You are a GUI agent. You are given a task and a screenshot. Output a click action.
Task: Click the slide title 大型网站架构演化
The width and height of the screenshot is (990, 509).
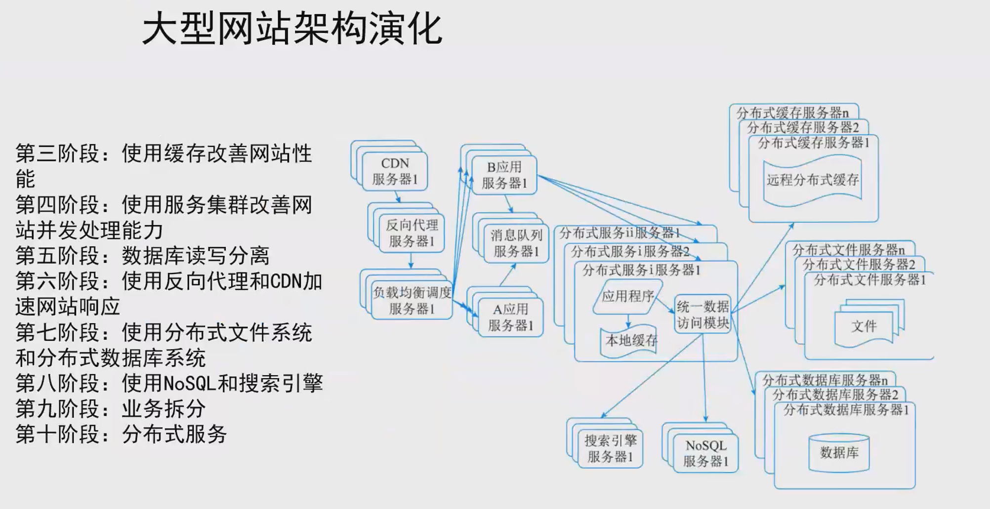point(291,29)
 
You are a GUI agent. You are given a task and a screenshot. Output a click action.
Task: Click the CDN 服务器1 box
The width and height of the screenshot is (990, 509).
point(395,171)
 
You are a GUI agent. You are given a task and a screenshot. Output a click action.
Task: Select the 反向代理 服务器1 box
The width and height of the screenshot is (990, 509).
point(412,233)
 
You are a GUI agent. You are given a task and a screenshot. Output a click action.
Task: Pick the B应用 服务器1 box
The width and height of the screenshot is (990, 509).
point(504,175)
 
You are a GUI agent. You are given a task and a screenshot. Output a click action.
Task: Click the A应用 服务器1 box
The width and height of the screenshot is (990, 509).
point(510,317)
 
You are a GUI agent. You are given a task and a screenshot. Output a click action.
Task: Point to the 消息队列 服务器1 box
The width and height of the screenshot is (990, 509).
point(516,243)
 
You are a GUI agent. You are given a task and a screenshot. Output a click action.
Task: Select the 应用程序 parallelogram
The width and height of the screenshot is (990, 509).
point(627,296)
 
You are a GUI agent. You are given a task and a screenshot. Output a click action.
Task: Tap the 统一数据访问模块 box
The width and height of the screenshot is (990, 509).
point(702,314)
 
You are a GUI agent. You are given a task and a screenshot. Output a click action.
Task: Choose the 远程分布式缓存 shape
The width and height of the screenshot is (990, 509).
point(813,180)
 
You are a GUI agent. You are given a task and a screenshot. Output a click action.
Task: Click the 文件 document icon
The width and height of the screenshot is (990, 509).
point(864,326)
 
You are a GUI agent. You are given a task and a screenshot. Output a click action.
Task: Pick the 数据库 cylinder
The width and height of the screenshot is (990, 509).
point(839,453)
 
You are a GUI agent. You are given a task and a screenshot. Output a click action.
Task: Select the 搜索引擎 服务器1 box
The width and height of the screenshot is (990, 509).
point(610,448)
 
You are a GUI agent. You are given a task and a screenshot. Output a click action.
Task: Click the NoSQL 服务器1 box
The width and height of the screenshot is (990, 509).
point(705,453)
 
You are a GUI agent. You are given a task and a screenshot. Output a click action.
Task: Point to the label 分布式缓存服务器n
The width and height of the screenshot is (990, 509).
point(792,113)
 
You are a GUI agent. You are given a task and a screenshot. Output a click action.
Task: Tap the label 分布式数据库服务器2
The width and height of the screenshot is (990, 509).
point(835,394)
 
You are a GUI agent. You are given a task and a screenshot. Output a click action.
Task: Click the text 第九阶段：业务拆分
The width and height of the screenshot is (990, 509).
point(111,409)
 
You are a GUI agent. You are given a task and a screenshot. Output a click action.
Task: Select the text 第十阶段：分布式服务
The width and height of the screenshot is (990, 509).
point(121,434)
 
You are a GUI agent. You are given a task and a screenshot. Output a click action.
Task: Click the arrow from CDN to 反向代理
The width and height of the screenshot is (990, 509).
point(397,197)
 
